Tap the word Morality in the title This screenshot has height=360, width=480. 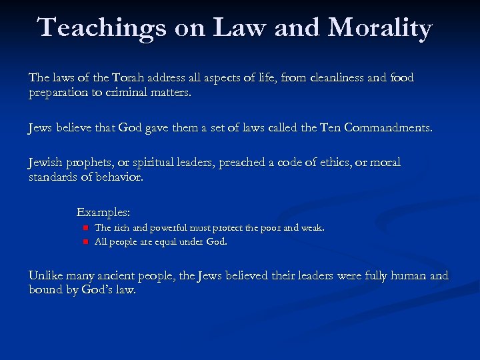point(380,28)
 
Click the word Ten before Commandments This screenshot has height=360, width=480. point(329,127)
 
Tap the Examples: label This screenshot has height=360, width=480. point(103,213)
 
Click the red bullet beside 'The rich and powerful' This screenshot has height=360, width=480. point(85,228)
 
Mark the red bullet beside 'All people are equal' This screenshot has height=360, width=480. point(85,242)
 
